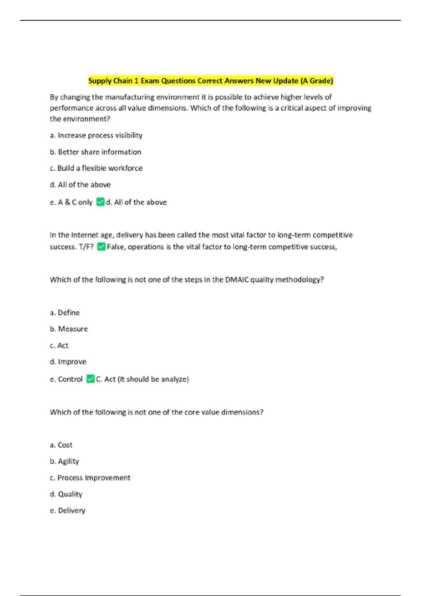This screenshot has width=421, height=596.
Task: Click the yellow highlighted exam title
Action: (x=210, y=81)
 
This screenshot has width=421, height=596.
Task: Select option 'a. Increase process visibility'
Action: (x=96, y=135)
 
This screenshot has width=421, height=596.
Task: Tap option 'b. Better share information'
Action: (x=95, y=152)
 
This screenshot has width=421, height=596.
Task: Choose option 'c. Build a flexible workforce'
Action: (x=96, y=168)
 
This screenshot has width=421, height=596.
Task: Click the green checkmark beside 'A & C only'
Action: (x=100, y=202)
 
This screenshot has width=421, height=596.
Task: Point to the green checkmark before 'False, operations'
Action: (x=101, y=247)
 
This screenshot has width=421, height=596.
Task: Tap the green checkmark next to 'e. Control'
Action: (x=91, y=379)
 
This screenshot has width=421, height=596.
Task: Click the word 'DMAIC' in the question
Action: (x=237, y=279)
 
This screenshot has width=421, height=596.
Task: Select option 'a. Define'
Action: (x=65, y=312)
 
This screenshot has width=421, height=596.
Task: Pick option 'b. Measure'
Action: (x=69, y=329)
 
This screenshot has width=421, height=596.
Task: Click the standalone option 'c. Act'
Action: (x=59, y=345)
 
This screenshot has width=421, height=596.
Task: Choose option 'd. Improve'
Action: (x=68, y=361)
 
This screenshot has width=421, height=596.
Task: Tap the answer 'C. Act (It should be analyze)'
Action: (x=142, y=379)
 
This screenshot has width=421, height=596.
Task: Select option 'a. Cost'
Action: (x=61, y=445)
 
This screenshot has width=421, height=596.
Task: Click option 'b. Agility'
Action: (x=64, y=461)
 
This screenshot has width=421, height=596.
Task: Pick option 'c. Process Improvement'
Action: (x=90, y=478)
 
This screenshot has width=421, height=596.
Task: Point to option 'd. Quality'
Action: (x=66, y=494)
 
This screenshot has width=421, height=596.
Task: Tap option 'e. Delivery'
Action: (x=67, y=510)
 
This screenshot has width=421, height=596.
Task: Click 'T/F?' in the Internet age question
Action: (x=86, y=247)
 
